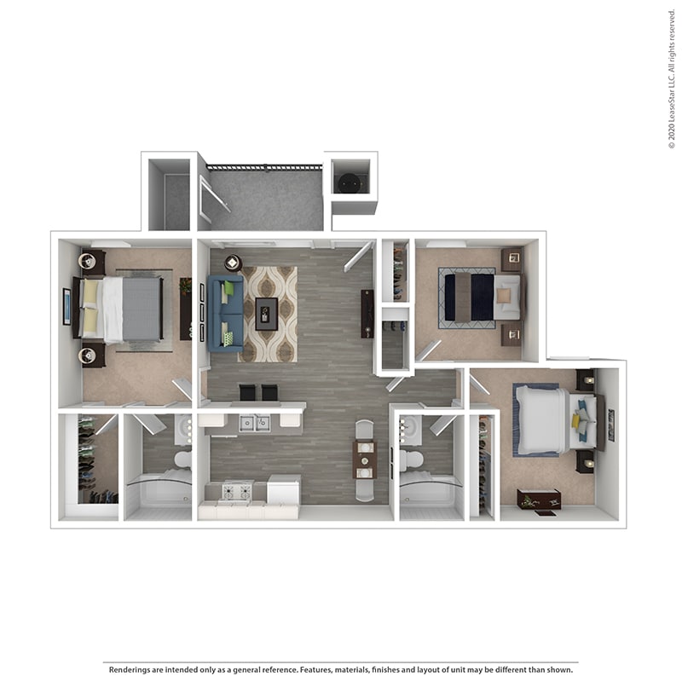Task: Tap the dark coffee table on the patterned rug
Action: click(x=267, y=313)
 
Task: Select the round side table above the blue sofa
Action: click(x=233, y=263)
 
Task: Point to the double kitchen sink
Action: click(x=253, y=422)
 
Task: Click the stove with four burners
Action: click(x=237, y=492)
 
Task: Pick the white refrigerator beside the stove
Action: click(x=283, y=490)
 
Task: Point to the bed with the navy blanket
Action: click(x=470, y=297)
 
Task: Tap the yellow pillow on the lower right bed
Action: click(x=576, y=420)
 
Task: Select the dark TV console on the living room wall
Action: click(x=367, y=314)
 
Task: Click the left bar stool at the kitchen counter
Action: click(x=247, y=392)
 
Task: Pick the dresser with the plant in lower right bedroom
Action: click(x=539, y=500)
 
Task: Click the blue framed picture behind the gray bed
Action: click(x=66, y=307)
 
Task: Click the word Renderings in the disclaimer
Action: click(x=131, y=669)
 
